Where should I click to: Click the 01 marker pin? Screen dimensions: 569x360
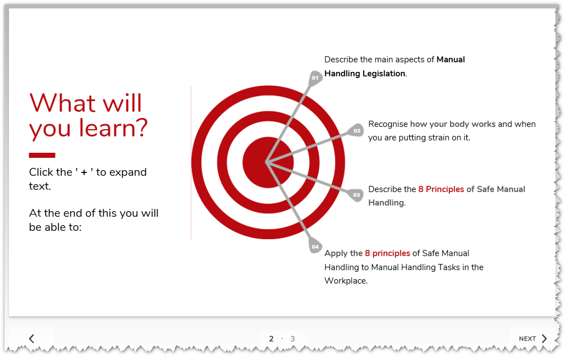click(315, 78)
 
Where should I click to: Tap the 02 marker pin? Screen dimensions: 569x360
click(356, 130)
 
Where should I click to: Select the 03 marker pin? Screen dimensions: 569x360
click(356, 195)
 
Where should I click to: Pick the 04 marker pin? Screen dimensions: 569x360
click(315, 246)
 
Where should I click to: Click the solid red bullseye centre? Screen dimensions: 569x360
click(268, 162)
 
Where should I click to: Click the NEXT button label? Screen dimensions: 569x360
click(527, 339)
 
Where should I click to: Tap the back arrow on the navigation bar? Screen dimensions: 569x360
click(31, 339)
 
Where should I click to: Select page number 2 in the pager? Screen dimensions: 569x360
click(271, 339)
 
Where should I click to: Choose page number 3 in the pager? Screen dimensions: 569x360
click(292, 339)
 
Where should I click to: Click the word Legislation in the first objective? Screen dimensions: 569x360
click(384, 74)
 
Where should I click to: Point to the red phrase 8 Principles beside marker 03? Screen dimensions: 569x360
click(441, 189)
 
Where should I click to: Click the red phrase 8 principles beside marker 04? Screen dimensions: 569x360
click(388, 253)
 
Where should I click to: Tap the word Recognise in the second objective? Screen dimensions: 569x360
click(388, 124)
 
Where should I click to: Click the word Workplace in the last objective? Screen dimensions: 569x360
click(345, 281)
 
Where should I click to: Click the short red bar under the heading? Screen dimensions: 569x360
click(42, 155)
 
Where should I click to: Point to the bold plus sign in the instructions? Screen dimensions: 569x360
click(84, 172)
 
